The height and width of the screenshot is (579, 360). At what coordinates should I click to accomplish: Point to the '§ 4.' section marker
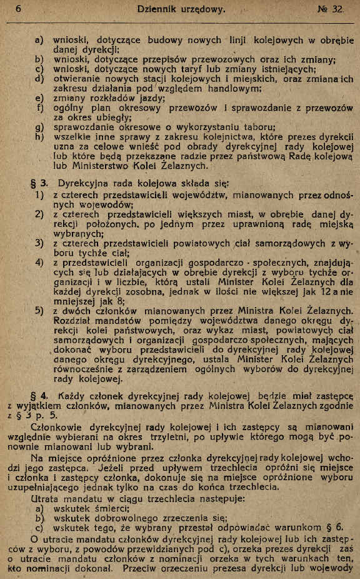[x=43, y=395]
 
